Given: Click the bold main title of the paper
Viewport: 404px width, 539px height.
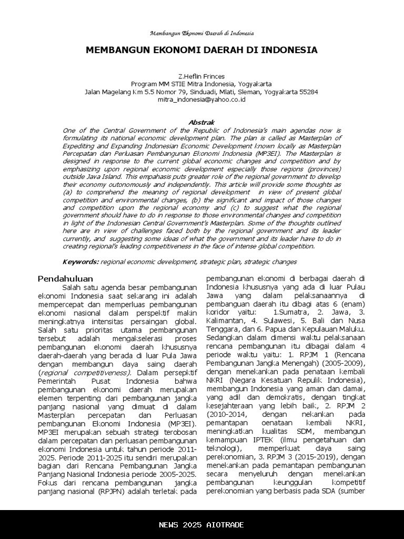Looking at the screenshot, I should coord(202,51).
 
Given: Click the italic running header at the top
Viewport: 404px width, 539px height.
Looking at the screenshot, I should coord(202,33).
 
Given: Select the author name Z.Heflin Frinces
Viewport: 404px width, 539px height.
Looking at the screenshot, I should coord(202,76).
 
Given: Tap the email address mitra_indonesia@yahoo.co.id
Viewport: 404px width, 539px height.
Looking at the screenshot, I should coord(202,99).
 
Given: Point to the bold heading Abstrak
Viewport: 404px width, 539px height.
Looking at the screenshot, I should coord(202,122).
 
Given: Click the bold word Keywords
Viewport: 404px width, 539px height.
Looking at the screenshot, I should coord(80,262).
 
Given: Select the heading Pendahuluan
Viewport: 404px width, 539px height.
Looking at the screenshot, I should coord(66,278).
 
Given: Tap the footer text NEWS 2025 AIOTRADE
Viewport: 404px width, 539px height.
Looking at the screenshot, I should coord(202,525).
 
